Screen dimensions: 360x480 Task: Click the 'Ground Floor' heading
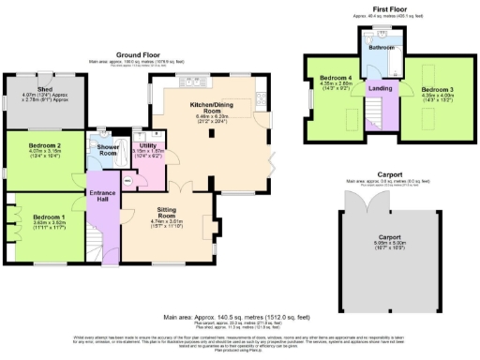tap(136, 55)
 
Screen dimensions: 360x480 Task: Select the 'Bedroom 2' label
tap(46, 145)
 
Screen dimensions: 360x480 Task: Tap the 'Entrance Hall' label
tap(101, 197)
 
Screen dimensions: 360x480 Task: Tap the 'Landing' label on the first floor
tap(380, 89)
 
